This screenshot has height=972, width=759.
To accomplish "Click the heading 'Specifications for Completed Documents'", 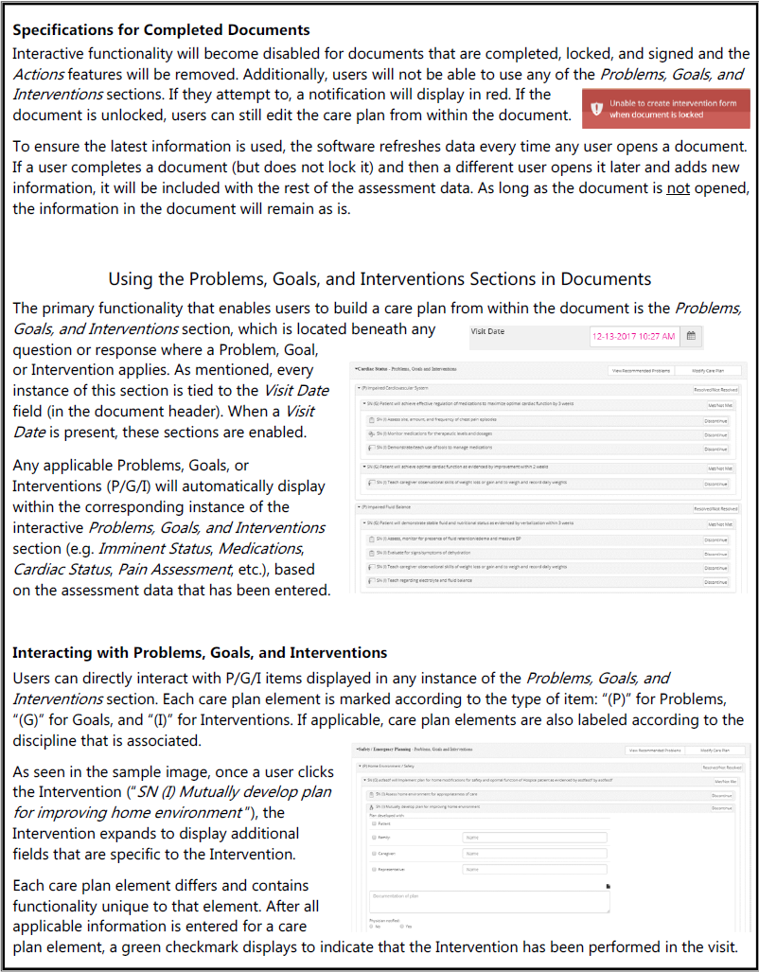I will pyautogui.click(x=161, y=30).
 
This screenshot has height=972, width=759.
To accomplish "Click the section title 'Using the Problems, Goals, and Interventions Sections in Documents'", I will pyautogui.click(x=379, y=278).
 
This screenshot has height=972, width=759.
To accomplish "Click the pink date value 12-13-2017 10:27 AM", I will pyautogui.click(x=634, y=336).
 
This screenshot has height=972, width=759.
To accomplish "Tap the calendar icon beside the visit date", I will pyautogui.click(x=692, y=336).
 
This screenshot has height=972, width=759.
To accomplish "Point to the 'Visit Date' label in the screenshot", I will pyautogui.click(x=487, y=333).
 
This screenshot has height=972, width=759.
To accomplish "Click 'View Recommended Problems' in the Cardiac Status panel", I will pyautogui.click(x=642, y=371).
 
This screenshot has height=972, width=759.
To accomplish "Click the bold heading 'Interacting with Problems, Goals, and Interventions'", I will pyautogui.click(x=200, y=653).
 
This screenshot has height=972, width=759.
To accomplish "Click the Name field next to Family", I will pyautogui.click(x=534, y=837).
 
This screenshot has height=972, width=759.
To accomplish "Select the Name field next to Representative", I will pyautogui.click(x=534, y=868).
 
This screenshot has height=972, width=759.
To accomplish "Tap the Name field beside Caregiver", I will pyautogui.click(x=534, y=853).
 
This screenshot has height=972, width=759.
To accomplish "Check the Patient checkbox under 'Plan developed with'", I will pyautogui.click(x=374, y=822).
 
